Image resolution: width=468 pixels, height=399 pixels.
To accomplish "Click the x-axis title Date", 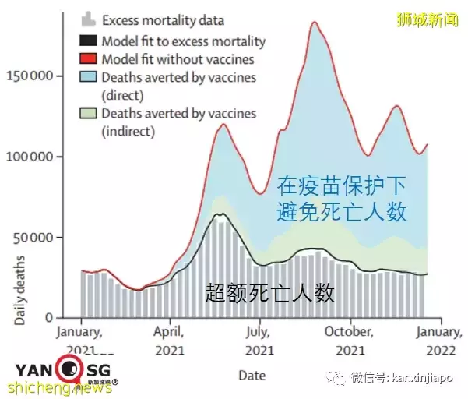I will tap(252, 375).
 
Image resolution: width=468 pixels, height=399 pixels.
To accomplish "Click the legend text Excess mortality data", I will tap(163, 20).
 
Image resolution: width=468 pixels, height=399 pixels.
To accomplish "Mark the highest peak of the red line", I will tap(314, 22).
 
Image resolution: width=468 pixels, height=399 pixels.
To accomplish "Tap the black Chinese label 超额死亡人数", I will tap(270, 293).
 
